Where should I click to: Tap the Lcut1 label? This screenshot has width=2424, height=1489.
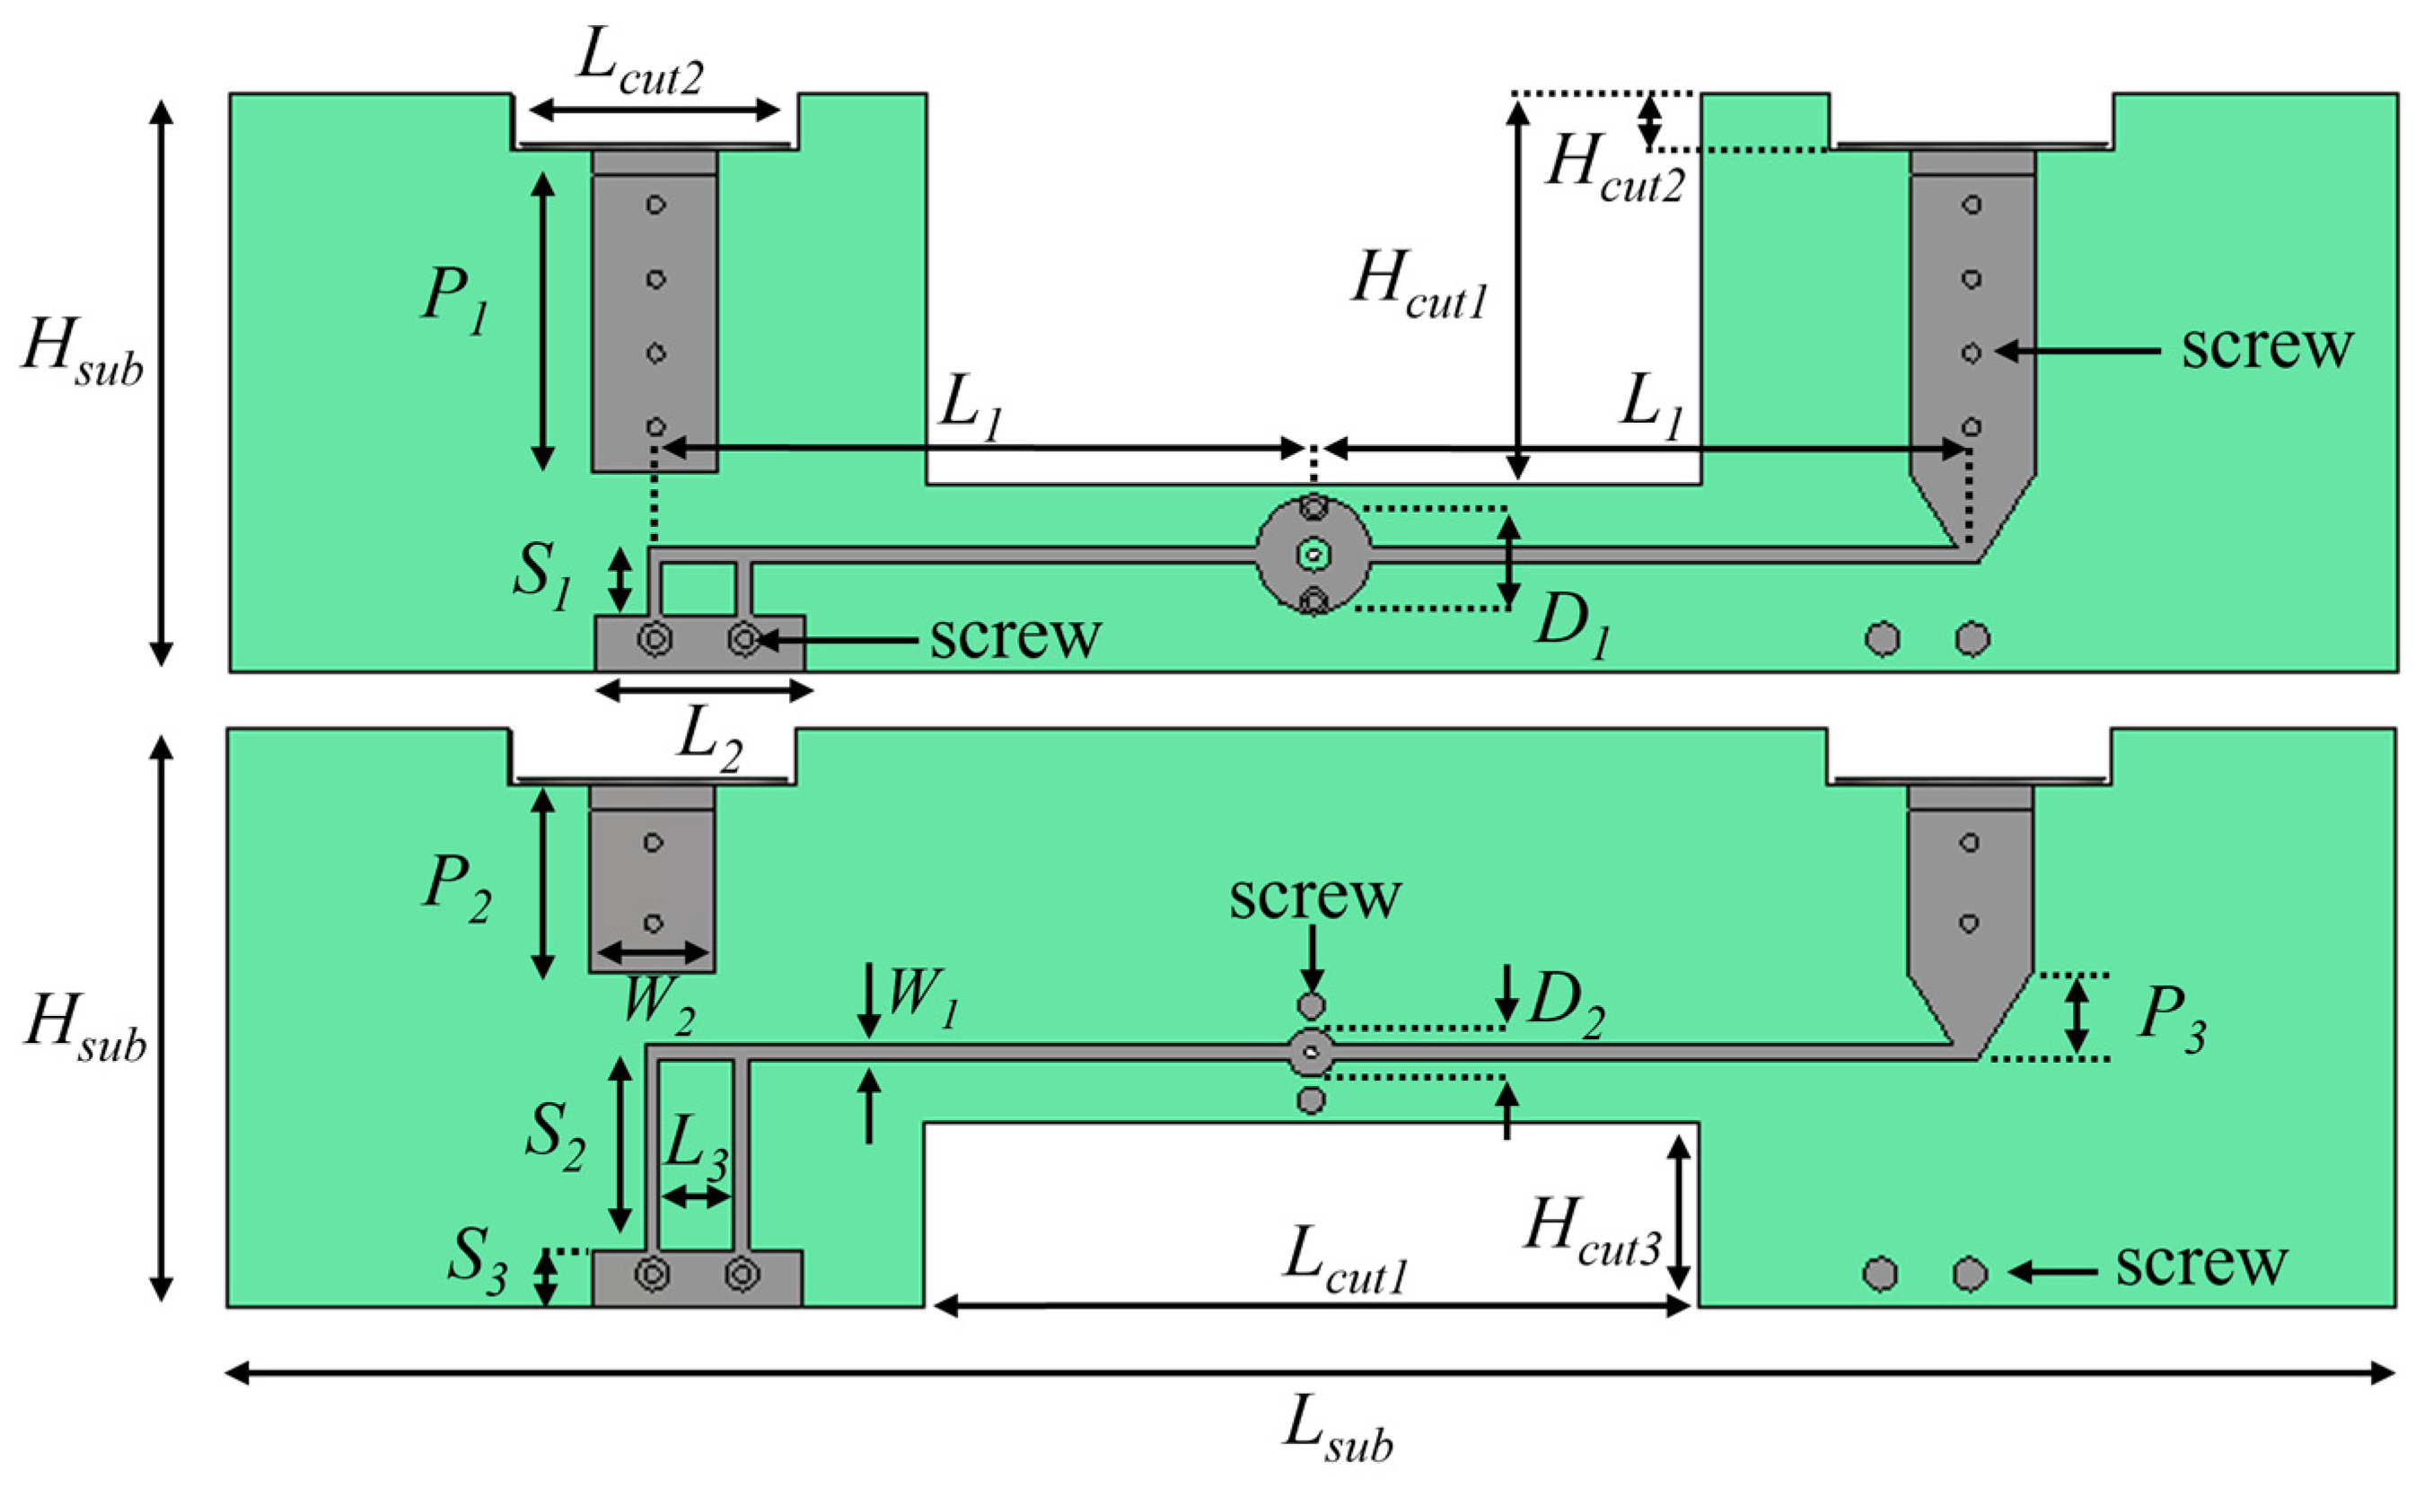tap(1346, 1265)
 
